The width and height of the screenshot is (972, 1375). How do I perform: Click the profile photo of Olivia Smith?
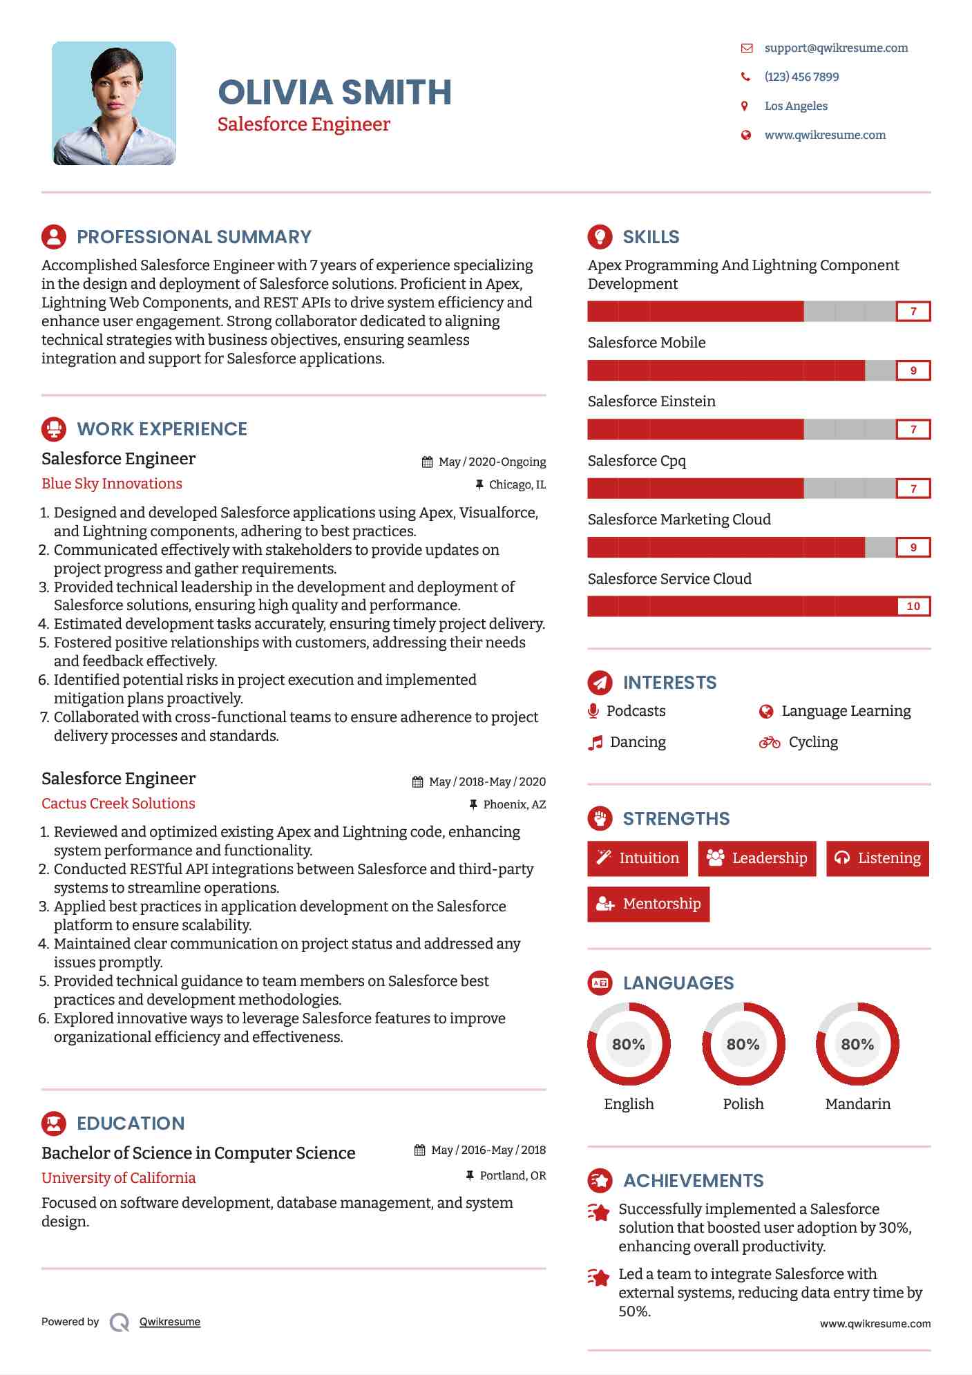(x=114, y=103)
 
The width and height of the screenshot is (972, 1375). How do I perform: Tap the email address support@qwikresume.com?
(x=835, y=48)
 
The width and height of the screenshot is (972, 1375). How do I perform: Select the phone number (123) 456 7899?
(x=801, y=77)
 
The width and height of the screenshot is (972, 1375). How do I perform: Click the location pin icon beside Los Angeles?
(x=744, y=106)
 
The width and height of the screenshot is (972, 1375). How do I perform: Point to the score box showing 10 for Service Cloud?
(x=913, y=606)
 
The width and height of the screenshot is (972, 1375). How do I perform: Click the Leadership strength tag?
(x=756, y=858)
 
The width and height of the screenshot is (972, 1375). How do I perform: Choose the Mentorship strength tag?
(x=648, y=904)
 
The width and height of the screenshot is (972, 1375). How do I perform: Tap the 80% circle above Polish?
(x=743, y=1044)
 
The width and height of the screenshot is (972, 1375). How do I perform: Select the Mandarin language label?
(x=857, y=1103)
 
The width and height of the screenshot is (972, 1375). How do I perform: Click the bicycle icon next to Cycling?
(x=769, y=742)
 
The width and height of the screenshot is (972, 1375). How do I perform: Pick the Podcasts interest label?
(x=636, y=711)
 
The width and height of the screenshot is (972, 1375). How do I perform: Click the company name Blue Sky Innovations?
(x=112, y=484)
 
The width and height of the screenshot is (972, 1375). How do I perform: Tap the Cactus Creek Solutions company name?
(x=118, y=804)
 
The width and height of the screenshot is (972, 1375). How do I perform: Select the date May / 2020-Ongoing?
(x=491, y=462)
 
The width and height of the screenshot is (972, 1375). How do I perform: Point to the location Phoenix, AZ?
(x=514, y=804)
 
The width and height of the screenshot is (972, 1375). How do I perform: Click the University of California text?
(x=118, y=1178)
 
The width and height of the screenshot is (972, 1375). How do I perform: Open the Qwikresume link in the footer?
(x=169, y=1322)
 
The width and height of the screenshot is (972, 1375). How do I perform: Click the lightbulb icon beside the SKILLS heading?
(x=600, y=236)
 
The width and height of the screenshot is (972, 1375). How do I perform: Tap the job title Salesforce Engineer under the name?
(x=303, y=124)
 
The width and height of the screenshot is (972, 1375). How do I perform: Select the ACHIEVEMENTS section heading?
(x=693, y=1180)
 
